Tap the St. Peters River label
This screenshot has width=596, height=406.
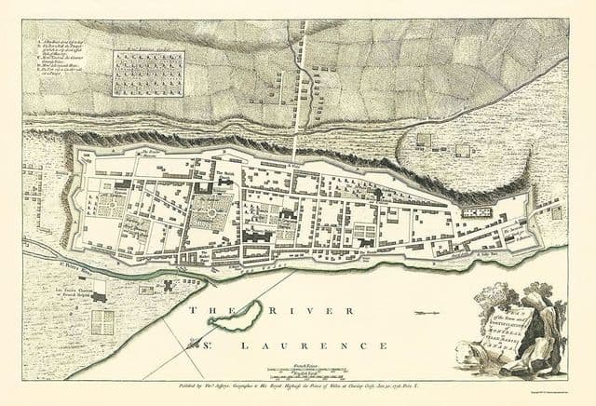pos(65,273)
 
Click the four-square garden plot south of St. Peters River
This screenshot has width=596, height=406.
pos(102,322)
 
